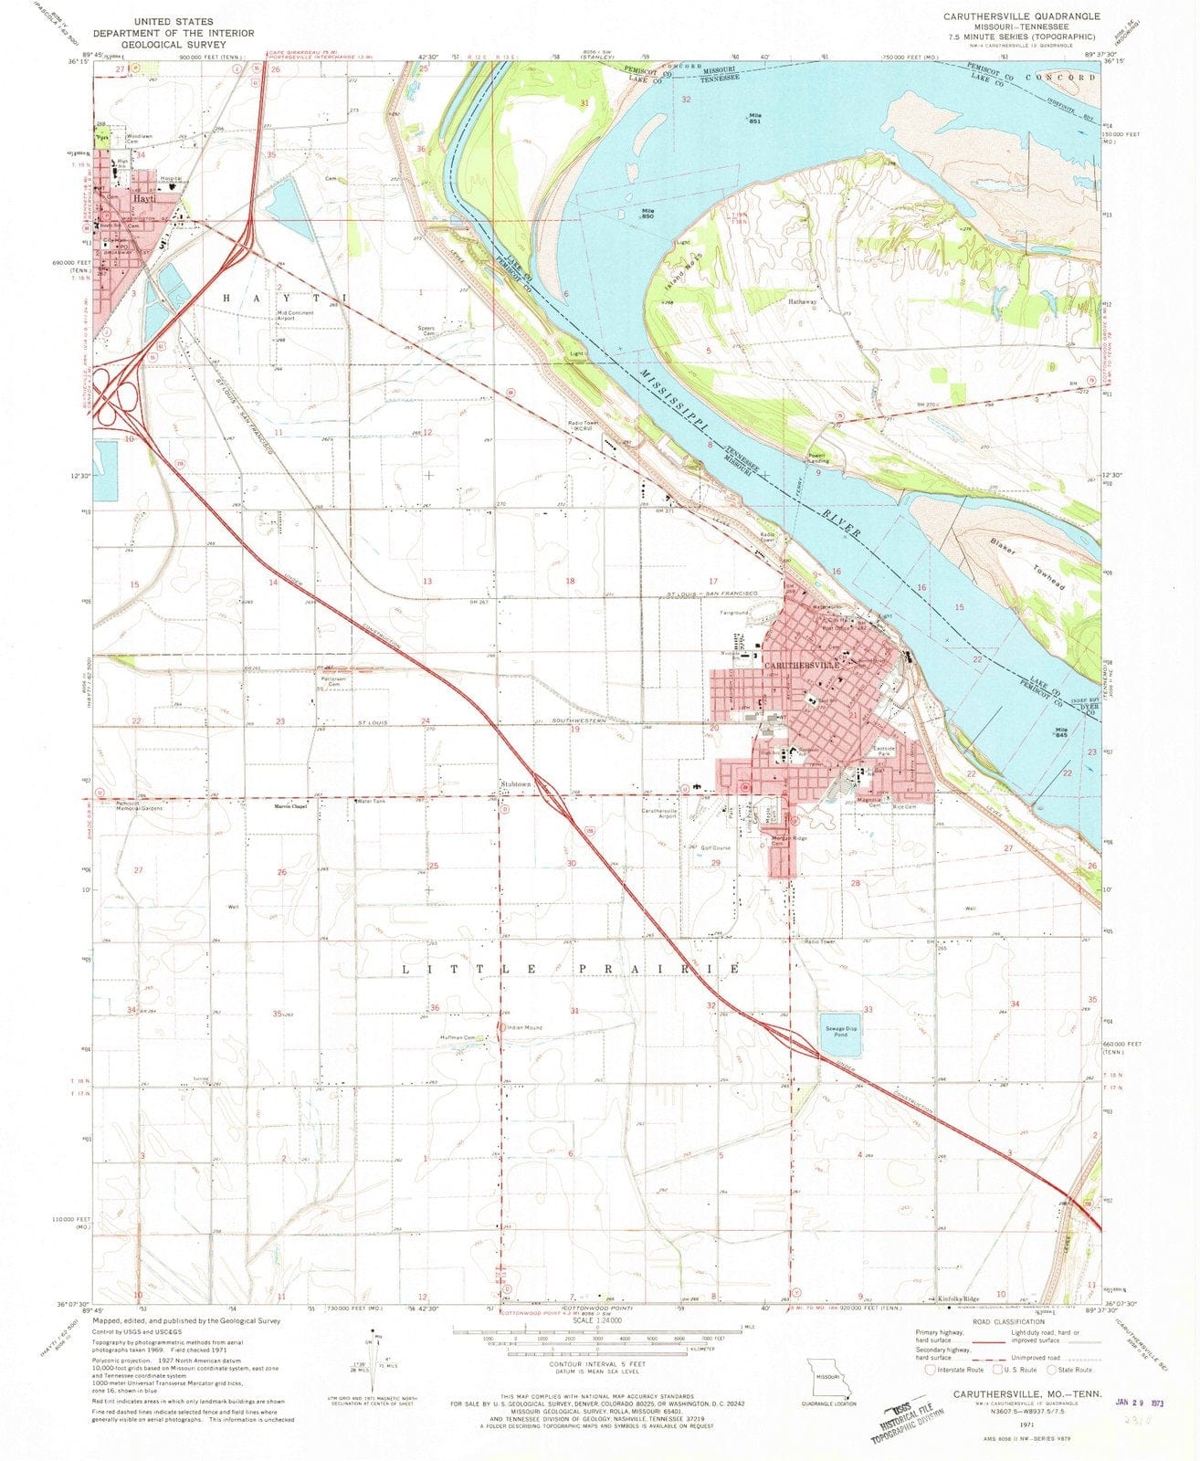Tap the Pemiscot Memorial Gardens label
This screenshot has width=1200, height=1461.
[x=142, y=806]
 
